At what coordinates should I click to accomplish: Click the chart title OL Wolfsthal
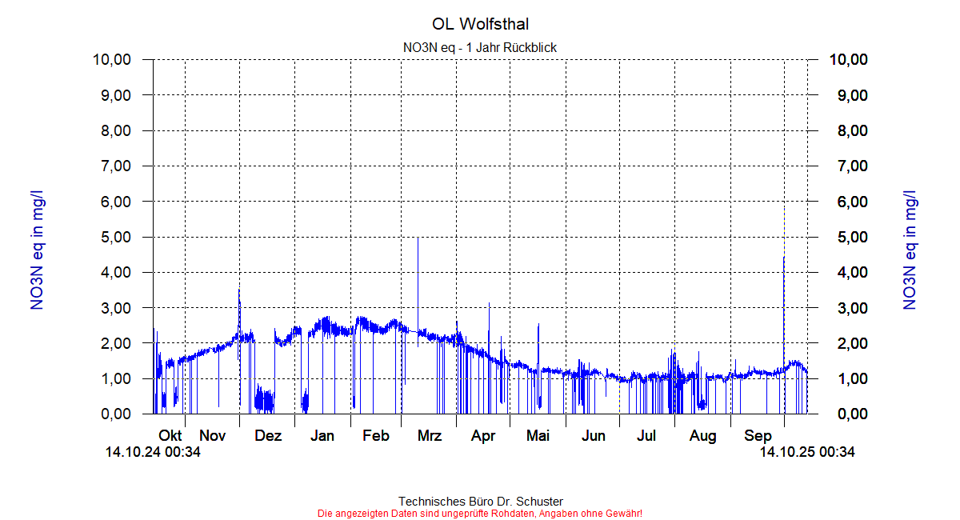[x=480, y=25]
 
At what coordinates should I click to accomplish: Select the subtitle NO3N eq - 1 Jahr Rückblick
[x=480, y=47]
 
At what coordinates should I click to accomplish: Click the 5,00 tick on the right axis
[x=849, y=237]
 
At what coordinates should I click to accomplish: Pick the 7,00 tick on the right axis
[x=849, y=166]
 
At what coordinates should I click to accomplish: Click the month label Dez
[x=268, y=436]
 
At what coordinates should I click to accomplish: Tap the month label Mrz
[x=430, y=436]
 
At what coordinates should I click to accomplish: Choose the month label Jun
[x=593, y=436]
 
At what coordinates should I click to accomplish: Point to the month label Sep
[x=758, y=436]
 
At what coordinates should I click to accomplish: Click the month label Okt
[x=170, y=436]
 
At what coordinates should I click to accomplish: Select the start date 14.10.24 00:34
[x=153, y=453]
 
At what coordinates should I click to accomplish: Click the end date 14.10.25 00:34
[x=806, y=453]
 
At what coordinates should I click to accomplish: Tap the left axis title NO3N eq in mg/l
[x=38, y=250]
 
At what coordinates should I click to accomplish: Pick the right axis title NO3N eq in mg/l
[x=910, y=250]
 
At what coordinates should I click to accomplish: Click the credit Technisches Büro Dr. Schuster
[x=480, y=502]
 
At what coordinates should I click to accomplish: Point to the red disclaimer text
[x=480, y=513]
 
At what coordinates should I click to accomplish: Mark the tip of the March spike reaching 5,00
[x=418, y=238]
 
